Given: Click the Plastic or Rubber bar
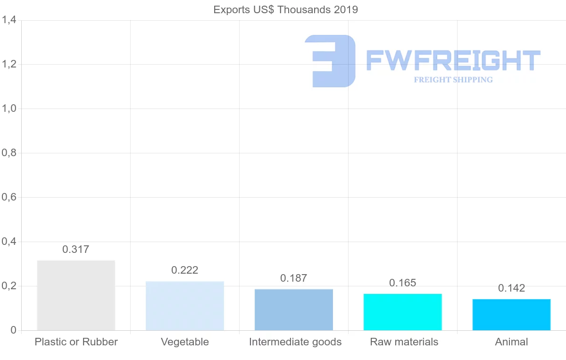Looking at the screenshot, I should pyautogui.click(x=76, y=295).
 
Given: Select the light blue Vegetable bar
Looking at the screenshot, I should pyautogui.click(x=185, y=306).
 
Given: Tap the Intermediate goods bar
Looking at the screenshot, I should pyautogui.click(x=294, y=310).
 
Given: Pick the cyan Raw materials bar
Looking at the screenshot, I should pyautogui.click(x=403, y=312).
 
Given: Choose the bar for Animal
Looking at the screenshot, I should pyautogui.click(x=512, y=315).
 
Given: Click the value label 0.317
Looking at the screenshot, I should pyautogui.click(x=76, y=250).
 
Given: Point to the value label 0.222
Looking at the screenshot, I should pyautogui.click(x=185, y=270).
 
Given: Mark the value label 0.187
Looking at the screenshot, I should pyautogui.click(x=294, y=278).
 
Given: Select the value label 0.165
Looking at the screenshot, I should pyautogui.click(x=403, y=283).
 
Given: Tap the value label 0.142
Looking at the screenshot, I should pyautogui.click(x=512, y=288).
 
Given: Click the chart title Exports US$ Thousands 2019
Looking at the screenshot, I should pyautogui.click(x=286, y=10).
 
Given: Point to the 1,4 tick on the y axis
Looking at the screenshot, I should pyautogui.click(x=9, y=20).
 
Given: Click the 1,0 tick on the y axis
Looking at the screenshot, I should pyautogui.click(x=9, y=109).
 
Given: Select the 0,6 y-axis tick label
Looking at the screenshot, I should pyautogui.click(x=9, y=197).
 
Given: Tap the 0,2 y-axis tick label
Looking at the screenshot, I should pyautogui.click(x=9, y=286).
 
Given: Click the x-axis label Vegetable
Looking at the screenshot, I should pyautogui.click(x=185, y=342).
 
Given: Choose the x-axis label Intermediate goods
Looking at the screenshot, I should pyautogui.click(x=295, y=342).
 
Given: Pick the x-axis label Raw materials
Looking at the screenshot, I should pyautogui.click(x=404, y=342).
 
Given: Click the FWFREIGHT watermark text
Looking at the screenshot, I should pyautogui.click(x=453, y=60).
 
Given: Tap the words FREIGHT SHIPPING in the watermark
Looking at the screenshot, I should pyautogui.click(x=453, y=80).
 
